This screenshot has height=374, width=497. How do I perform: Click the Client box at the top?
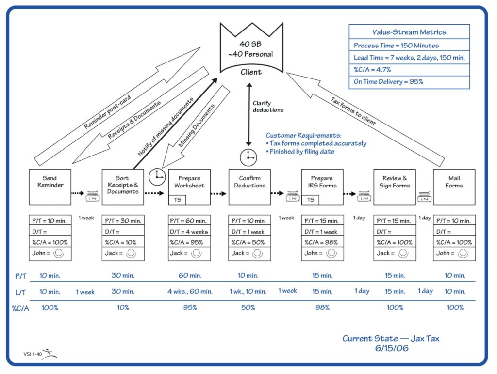250,53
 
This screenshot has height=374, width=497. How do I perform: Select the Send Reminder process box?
50,187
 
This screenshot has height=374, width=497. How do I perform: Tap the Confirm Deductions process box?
249,187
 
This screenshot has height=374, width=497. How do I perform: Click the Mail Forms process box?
454,187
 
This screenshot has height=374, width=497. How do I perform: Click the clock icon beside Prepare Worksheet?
158,177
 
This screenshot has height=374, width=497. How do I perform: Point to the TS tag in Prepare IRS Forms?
311,200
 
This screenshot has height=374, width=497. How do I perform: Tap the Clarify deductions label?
268,107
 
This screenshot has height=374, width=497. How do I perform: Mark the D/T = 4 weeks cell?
189,232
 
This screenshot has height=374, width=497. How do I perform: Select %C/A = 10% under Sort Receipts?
123,242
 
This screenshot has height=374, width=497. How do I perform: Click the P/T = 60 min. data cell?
189,221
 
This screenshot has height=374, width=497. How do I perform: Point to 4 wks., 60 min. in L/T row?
190,291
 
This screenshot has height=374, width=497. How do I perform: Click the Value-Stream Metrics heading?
409,32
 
